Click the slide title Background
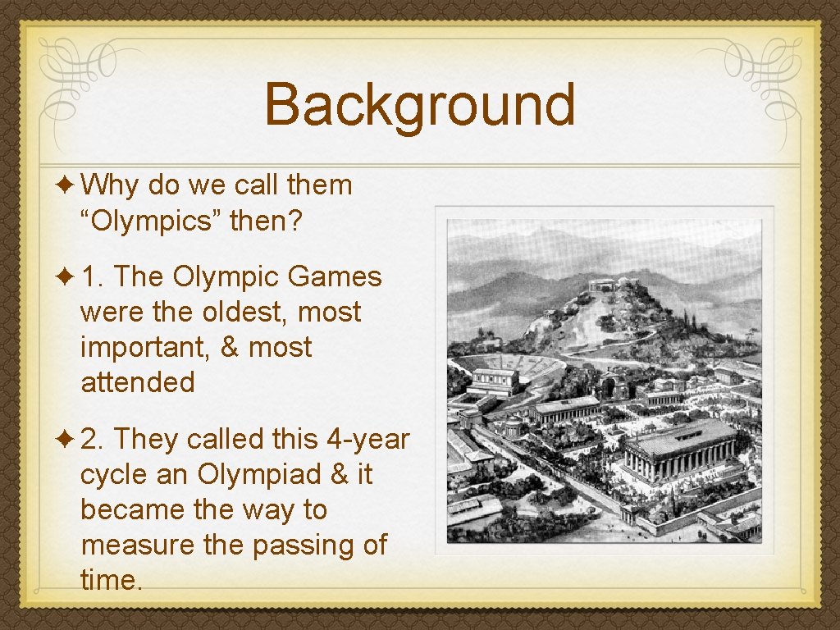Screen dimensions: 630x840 (420, 105)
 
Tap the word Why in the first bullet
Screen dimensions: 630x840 (110, 185)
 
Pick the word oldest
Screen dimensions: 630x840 (248, 313)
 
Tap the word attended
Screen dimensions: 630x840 (138, 382)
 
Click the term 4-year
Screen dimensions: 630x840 (367, 440)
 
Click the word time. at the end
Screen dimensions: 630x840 (111, 580)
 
